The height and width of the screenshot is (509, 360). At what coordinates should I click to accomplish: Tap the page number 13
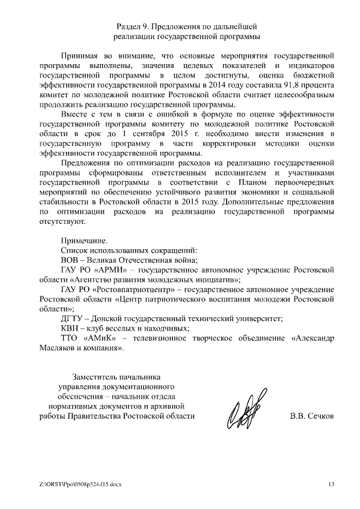tap(331, 484)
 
